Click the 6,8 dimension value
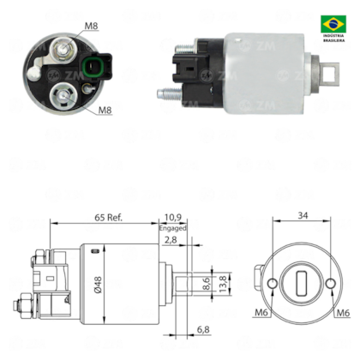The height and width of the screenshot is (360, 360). point(204,329)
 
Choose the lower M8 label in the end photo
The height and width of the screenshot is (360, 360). point(104,110)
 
